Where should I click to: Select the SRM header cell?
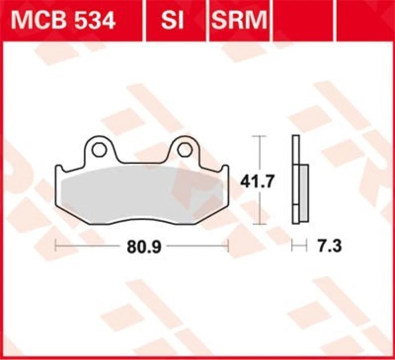pos(239,20)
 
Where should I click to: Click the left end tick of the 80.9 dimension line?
pos(56,245)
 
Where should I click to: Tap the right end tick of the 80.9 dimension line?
pos(229,245)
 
